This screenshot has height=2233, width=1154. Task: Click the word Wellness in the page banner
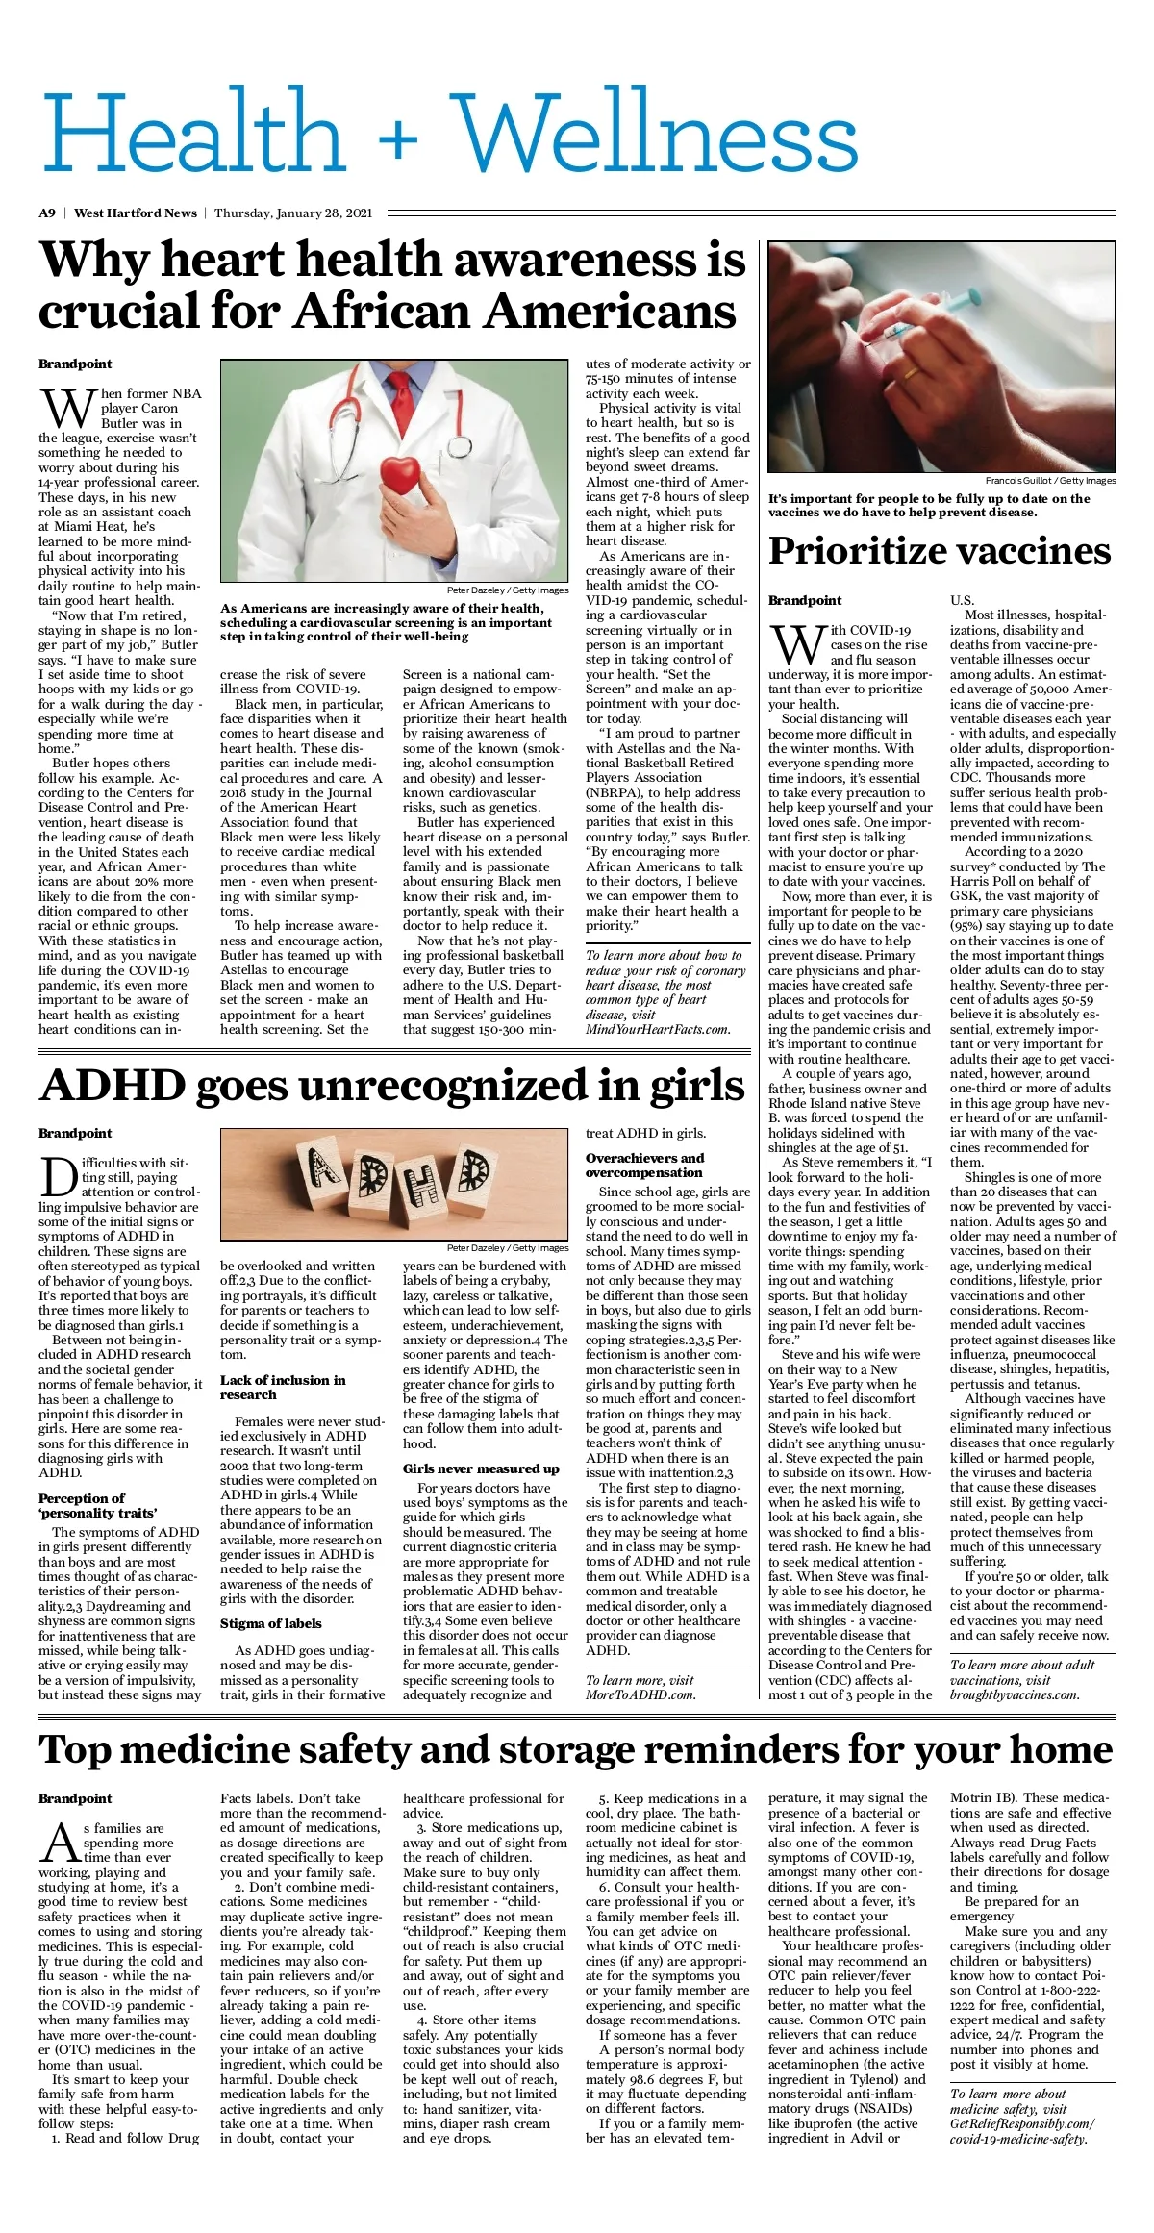(656, 135)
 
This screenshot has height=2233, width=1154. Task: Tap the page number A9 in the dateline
(47, 213)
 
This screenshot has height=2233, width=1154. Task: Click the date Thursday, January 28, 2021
(292, 213)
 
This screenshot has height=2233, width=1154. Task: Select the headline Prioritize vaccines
(940, 551)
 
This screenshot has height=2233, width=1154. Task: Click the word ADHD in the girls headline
(113, 1086)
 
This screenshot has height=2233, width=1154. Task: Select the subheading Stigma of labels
(270, 1623)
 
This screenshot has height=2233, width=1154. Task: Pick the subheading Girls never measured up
(481, 1468)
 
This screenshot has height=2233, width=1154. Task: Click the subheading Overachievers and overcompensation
(644, 1165)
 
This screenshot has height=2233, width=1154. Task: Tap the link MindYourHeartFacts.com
(657, 1029)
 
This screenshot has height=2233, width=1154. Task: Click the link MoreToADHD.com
(640, 1694)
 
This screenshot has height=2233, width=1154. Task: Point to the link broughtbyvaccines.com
(1015, 1694)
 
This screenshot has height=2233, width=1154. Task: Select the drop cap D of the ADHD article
(59, 1177)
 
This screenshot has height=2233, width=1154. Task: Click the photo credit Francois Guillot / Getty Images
(1050, 480)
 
